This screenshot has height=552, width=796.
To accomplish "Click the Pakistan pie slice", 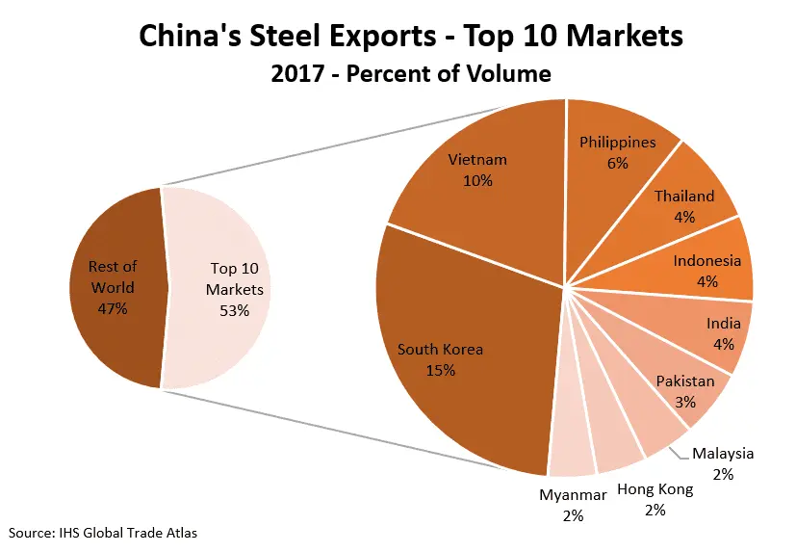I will pyautogui.click(x=685, y=389).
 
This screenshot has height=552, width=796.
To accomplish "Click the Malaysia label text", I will pyautogui.click(x=723, y=454).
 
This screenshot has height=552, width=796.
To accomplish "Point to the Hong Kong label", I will pyautogui.click(x=655, y=489).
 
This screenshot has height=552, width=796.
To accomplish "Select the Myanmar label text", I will pyautogui.click(x=573, y=495).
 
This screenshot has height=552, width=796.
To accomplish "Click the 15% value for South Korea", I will pyautogui.click(x=440, y=371).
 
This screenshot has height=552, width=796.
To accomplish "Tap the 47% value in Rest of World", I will pyautogui.click(x=113, y=309).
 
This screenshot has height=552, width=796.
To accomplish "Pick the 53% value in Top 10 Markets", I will pyautogui.click(x=234, y=310).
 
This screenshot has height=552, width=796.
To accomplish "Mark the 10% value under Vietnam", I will pyautogui.click(x=477, y=181).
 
